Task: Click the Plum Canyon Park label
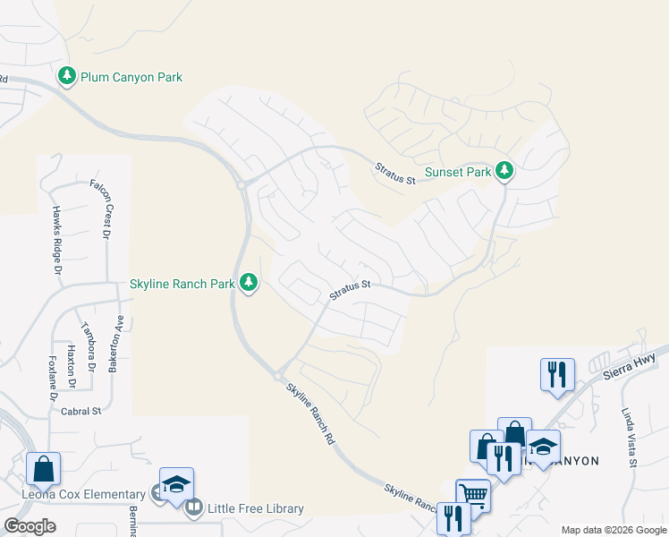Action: coord(131,78)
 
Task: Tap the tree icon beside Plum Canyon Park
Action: coord(67,77)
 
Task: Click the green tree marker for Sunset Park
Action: coord(504,170)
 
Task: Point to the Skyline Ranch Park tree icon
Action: coord(249,284)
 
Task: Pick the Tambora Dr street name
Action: coord(89,345)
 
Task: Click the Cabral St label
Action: coord(82,411)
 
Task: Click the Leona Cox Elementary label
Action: coord(84,494)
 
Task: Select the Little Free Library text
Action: coord(256,508)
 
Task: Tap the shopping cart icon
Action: coord(473,494)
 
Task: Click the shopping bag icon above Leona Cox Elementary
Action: coord(43,467)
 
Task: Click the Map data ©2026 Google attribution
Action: coord(614,530)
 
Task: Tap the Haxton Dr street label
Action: coord(72,366)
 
